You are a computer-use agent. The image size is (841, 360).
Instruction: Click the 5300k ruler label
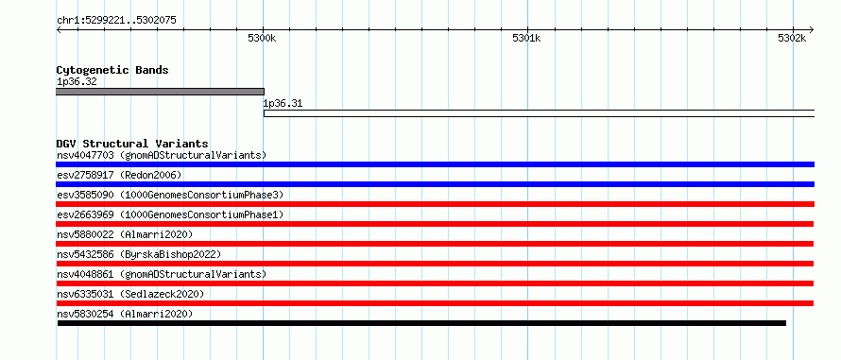click(x=262, y=39)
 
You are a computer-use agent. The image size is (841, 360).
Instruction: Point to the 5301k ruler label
click(x=526, y=39)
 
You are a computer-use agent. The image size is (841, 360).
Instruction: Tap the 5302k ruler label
click(x=792, y=39)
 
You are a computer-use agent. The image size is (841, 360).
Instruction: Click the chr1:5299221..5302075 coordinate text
click(x=116, y=21)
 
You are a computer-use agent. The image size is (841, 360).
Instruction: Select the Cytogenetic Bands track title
click(x=112, y=70)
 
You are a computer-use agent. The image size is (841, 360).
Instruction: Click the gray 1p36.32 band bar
click(x=160, y=92)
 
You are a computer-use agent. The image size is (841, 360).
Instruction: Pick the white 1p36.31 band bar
click(x=539, y=113)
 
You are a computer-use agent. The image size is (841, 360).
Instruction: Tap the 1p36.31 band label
click(x=283, y=104)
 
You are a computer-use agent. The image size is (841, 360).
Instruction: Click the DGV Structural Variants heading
click(x=132, y=144)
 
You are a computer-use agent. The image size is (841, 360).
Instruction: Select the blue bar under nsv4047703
click(x=435, y=164)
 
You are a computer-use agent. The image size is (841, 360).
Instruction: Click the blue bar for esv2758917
click(x=435, y=184)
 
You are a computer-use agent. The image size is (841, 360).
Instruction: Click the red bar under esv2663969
click(x=435, y=224)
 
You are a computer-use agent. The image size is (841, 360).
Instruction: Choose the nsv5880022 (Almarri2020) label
click(x=125, y=234)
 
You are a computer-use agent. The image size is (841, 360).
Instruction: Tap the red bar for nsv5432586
click(x=435, y=264)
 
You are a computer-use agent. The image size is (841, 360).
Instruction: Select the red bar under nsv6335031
click(x=435, y=303)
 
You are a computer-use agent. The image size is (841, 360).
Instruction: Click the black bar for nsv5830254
click(x=421, y=323)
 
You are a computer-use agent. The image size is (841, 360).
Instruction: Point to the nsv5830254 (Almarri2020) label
click(x=125, y=314)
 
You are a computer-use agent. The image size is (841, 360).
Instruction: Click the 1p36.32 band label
click(x=77, y=81)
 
